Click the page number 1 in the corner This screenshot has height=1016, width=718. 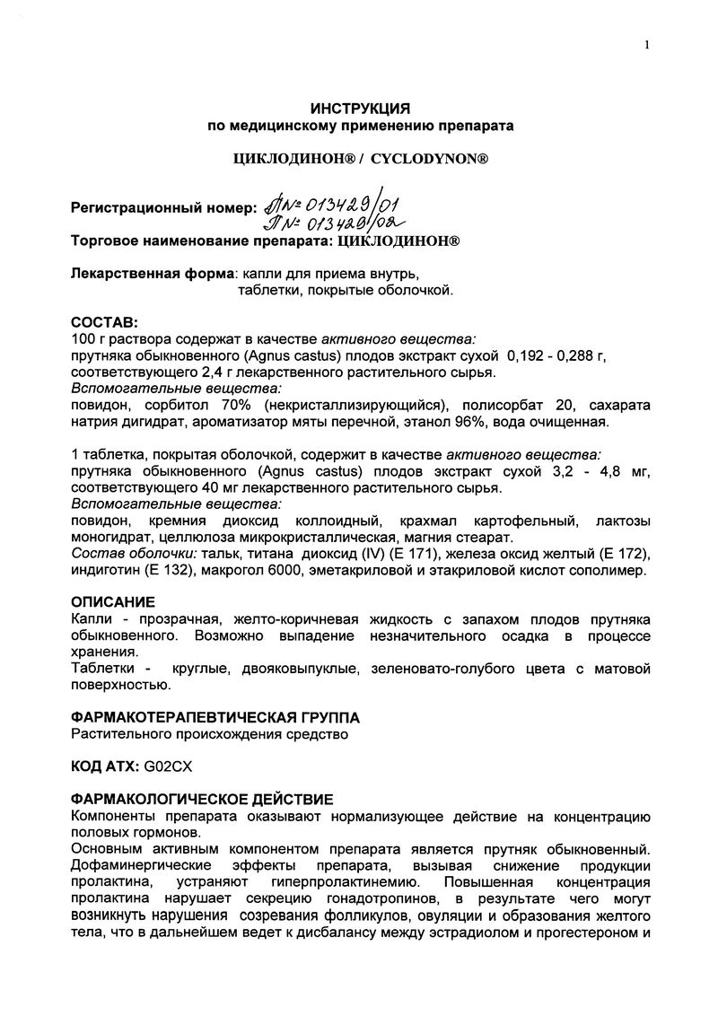(646, 46)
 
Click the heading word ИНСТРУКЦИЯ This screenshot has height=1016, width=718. (360, 108)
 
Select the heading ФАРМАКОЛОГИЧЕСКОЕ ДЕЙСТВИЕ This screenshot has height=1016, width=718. (201, 799)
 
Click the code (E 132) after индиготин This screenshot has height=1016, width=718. (161, 570)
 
